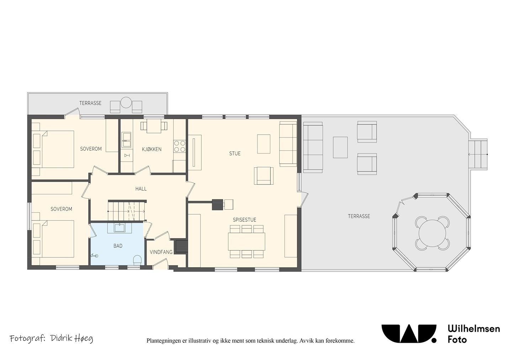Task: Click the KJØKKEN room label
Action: tap(152, 149)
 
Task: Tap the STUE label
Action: tap(235, 154)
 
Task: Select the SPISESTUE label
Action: tap(244, 220)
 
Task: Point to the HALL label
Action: tap(141, 189)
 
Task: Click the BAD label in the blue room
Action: tap(118, 246)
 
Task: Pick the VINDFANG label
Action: tap(161, 252)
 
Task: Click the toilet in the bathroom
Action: tap(137, 260)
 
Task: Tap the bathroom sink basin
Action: tap(120, 228)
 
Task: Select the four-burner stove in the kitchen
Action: tap(180, 146)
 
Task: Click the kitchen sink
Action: tap(126, 139)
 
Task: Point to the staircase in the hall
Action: tap(127, 211)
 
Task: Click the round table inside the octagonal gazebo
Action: tap(432, 234)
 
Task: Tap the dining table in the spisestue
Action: tap(246, 242)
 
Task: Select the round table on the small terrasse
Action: tap(126, 103)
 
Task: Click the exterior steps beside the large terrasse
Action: tap(479, 154)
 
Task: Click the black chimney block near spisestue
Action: tap(218, 204)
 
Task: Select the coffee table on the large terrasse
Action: tap(340, 148)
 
